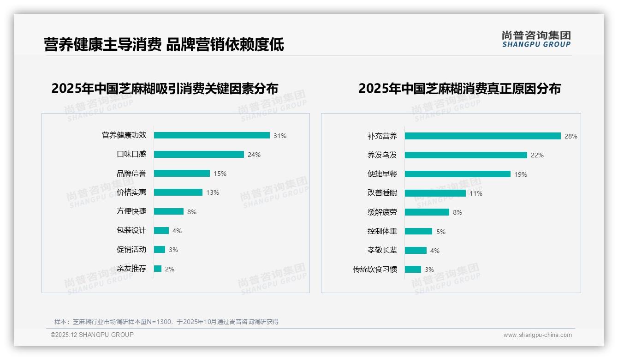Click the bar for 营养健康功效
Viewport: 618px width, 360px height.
pos(212,135)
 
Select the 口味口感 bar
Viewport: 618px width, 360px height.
pos(199,155)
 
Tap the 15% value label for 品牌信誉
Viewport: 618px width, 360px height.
pos(220,174)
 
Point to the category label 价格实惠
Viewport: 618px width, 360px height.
pos(131,192)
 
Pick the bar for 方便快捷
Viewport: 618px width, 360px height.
pos(169,211)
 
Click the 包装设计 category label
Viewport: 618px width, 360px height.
pos(131,230)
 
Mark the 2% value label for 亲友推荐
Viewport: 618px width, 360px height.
pos(170,269)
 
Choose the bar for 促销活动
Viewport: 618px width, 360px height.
pos(160,250)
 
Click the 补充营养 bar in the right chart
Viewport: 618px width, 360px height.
pos(482,136)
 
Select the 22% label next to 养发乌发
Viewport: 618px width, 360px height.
pos(537,155)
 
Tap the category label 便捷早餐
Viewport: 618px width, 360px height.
pos(382,174)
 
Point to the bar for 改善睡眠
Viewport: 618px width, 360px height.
pos(435,193)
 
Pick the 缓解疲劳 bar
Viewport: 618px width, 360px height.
pos(427,212)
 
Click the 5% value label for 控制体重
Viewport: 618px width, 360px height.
pos(441,232)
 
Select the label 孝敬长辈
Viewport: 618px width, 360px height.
pos(382,250)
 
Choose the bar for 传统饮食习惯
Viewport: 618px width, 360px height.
pos(413,269)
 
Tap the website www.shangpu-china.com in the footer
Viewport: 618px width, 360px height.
pos(537,335)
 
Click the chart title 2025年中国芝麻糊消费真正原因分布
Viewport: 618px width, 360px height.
pos(459,89)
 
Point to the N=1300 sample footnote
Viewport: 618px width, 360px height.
pos(166,322)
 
